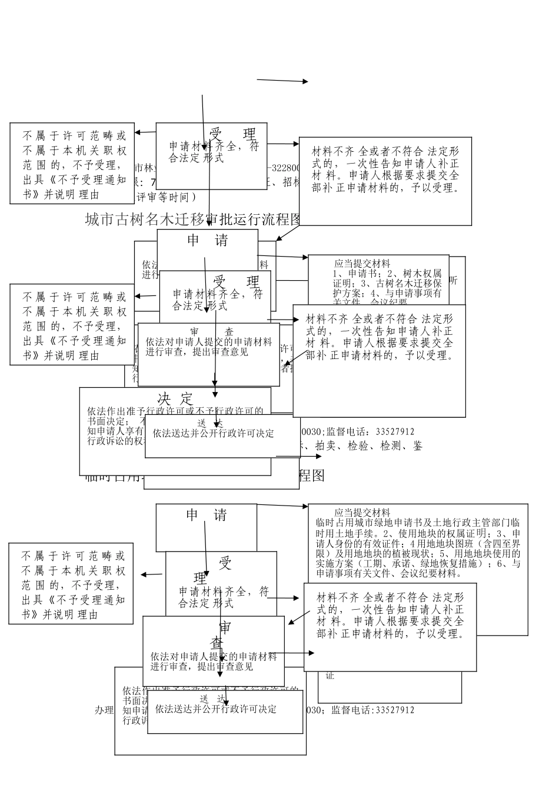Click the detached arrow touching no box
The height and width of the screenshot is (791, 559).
(x=282, y=81)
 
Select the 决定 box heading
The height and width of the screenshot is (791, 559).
(x=175, y=398)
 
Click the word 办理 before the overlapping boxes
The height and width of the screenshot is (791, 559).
(x=104, y=710)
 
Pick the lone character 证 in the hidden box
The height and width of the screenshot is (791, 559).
(x=330, y=676)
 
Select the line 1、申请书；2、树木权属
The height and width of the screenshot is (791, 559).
(x=387, y=274)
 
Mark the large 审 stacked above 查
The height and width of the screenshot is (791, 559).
(x=225, y=627)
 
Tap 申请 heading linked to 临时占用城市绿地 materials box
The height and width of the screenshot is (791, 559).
(x=207, y=516)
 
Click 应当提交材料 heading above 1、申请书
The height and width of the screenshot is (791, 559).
(x=362, y=264)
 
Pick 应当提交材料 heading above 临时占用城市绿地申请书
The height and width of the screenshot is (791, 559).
(x=362, y=513)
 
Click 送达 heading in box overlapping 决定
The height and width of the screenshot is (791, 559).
(x=209, y=423)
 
